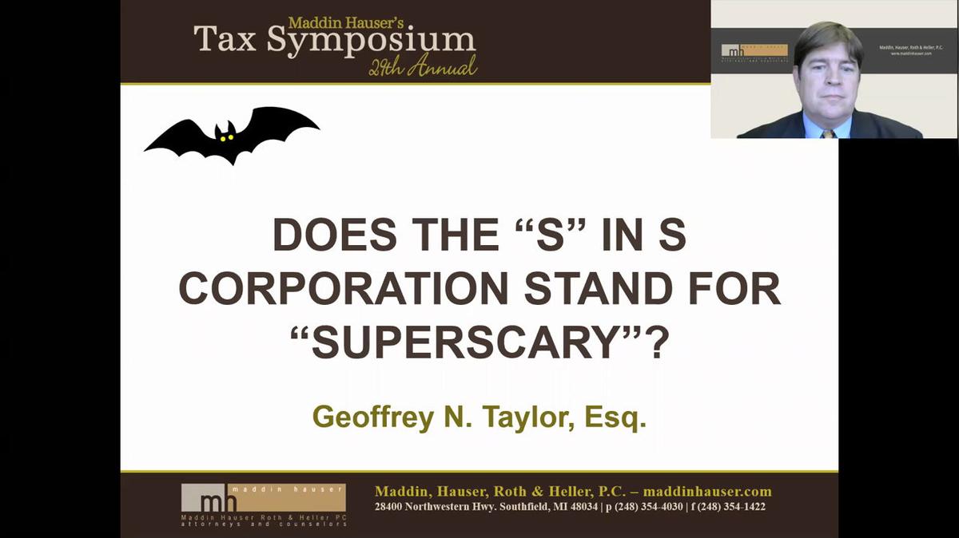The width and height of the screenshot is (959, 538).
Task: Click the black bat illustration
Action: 231,134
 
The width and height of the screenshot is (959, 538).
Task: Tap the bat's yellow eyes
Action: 227,137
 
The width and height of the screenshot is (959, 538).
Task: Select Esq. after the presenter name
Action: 615,417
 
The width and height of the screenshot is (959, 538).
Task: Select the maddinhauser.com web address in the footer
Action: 707,491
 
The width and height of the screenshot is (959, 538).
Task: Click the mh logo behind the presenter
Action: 731,51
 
